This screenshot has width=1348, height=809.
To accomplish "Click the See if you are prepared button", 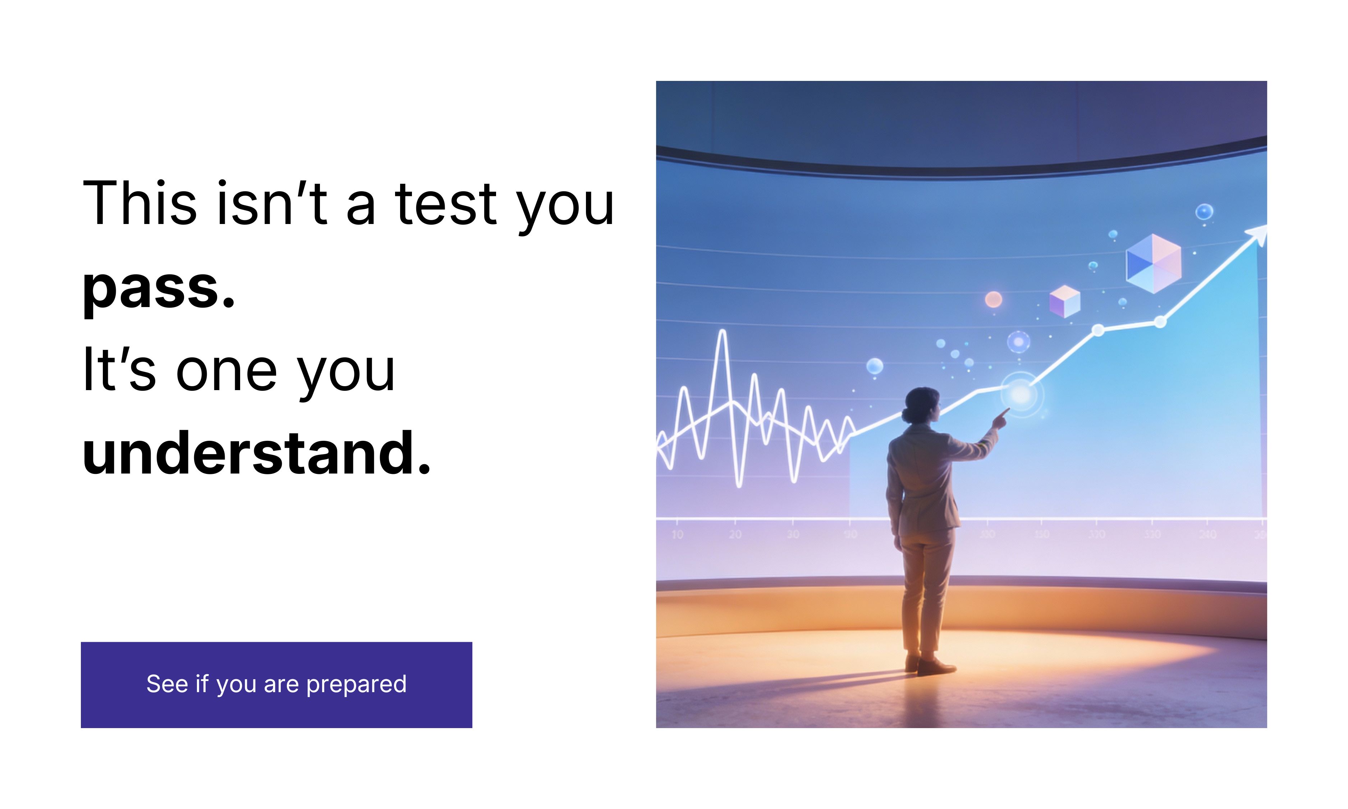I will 276,684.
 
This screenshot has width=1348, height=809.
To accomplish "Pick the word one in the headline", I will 226,371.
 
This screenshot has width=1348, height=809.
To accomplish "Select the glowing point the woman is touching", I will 1021,394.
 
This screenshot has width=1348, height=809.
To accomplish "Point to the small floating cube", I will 1064,301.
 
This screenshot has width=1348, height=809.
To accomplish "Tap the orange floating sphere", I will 993,299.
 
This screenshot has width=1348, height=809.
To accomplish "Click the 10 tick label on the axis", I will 677,534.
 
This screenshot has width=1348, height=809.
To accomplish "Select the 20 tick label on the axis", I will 735,534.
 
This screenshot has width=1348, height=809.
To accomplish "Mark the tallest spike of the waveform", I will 723,333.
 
